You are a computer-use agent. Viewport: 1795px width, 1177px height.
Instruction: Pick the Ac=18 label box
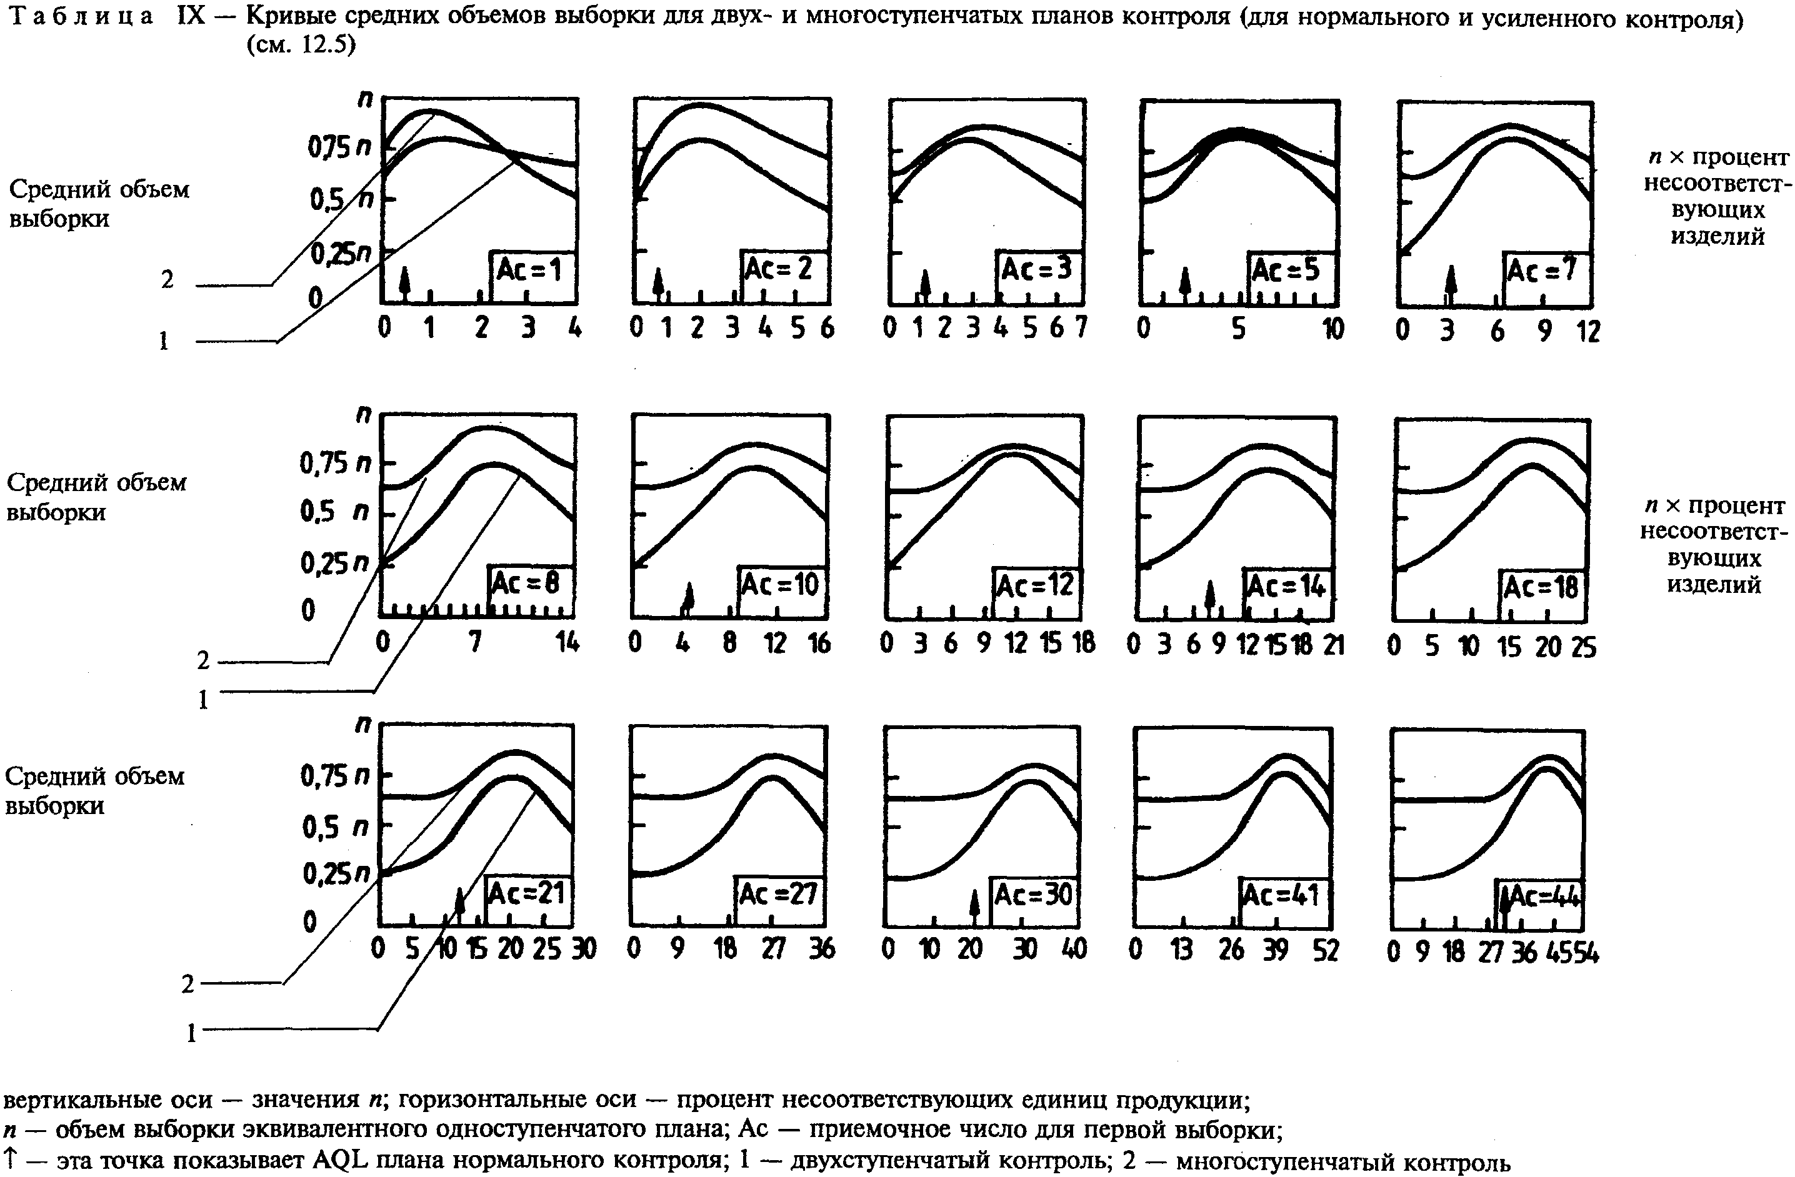coord(1541,587)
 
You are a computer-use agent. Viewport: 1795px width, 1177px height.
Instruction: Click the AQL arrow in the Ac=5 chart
coord(1186,283)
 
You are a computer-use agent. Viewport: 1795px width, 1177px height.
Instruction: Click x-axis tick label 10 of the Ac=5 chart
coord(1332,329)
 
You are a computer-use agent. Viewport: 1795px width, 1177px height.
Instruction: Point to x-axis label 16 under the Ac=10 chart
coord(819,643)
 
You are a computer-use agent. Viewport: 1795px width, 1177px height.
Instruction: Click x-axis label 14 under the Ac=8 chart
coord(567,642)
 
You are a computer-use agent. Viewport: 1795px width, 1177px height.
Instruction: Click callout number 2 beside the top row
coord(167,281)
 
